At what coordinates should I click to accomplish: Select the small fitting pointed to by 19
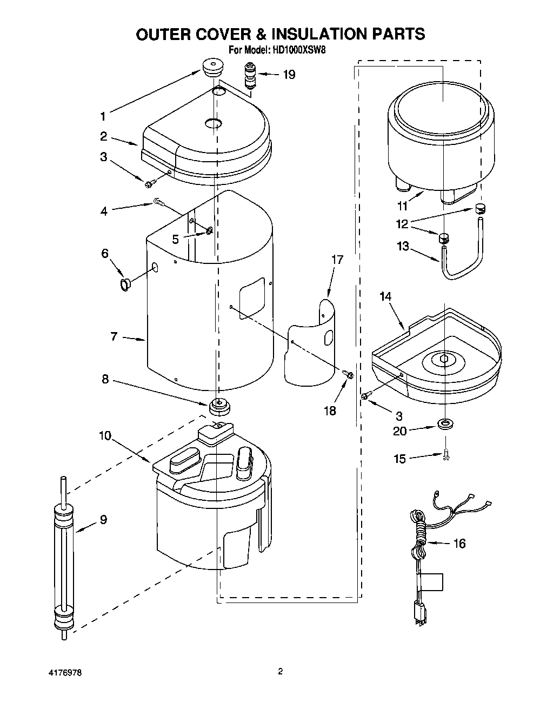(249, 75)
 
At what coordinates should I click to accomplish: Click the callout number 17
(337, 260)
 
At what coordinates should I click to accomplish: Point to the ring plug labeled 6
(125, 284)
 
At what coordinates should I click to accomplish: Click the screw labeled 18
(348, 373)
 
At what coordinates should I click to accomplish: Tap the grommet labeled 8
(218, 404)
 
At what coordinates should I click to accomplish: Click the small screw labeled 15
(446, 455)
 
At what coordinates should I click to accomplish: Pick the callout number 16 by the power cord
(459, 544)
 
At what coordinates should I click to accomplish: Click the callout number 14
(385, 296)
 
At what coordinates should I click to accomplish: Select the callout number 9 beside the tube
(103, 520)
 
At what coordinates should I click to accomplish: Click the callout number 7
(114, 336)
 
